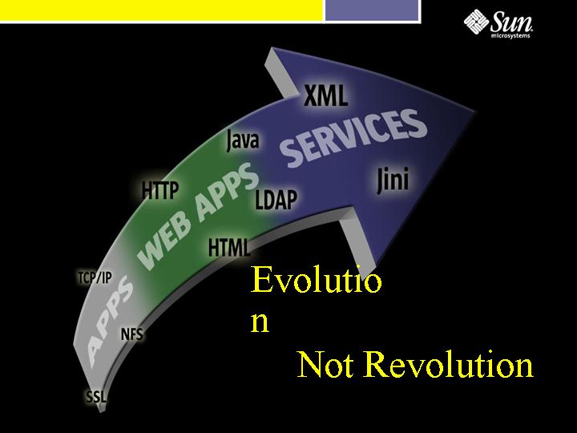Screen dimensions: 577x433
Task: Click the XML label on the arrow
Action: (x=325, y=95)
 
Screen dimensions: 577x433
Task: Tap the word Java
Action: (x=243, y=140)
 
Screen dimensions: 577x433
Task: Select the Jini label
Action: (x=393, y=180)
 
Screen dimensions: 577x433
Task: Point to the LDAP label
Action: (x=276, y=200)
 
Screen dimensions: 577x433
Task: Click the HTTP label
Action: (x=160, y=190)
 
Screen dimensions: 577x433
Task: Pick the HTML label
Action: (x=228, y=247)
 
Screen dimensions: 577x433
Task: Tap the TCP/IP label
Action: (x=95, y=277)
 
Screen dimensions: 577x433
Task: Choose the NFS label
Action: (x=131, y=334)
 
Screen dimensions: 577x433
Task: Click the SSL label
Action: (x=96, y=397)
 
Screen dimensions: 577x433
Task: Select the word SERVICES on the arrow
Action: (x=353, y=138)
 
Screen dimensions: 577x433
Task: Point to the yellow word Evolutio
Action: (x=316, y=280)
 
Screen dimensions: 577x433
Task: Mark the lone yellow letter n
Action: (x=260, y=322)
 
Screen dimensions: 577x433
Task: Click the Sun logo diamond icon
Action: (x=476, y=22)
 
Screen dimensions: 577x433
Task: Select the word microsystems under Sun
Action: (x=510, y=36)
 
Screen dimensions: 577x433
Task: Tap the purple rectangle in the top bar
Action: (x=373, y=10)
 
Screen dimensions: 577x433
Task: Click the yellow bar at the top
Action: (x=161, y=10)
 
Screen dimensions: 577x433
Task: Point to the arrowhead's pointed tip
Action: (x=477, y=110)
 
